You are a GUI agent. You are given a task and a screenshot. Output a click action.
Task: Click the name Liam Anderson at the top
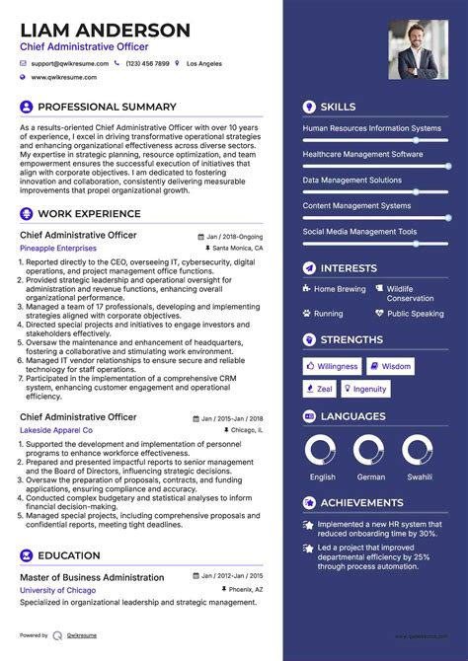tap(106, 30)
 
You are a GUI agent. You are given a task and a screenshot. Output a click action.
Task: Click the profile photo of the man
tap(418, 49)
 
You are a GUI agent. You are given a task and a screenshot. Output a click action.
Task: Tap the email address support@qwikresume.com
tap(69, 62)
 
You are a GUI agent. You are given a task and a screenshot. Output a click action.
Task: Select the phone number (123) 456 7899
tap(147, 62)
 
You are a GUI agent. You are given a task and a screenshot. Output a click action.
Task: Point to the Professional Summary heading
tap(107, 107)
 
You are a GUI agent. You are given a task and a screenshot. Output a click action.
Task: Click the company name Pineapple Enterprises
tap(57, 249)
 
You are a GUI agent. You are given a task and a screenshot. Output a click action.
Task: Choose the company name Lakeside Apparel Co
tap(56, 431)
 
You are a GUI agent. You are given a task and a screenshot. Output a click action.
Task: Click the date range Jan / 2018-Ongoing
tap(235, 237)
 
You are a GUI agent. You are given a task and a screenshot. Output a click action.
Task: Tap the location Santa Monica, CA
tap(238, 249)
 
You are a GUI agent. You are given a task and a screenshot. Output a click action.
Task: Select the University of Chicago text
tap(56, 590)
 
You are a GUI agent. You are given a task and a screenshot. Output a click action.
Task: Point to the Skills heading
tap(339, 106)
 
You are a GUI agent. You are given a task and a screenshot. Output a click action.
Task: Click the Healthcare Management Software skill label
tap(362, 155)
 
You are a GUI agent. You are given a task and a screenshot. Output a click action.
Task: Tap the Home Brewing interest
tap(340, 290)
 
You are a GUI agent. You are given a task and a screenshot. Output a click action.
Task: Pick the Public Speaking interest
tap(416, 314)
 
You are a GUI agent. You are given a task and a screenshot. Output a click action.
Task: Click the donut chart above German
tap(371, 452)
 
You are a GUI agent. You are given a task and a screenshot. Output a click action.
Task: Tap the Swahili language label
tap(420, 477)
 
